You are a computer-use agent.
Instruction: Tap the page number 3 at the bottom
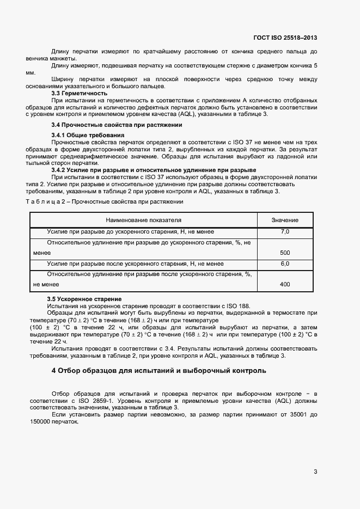pyautogui.click(x=315, y=471)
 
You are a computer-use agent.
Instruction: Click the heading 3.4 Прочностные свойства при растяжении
pyautogui.click(x=109, y=125)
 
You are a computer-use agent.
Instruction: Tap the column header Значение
pyautogui.click(x=285, y=220)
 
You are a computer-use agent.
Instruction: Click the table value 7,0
pyautogui.click(x=285, y=232)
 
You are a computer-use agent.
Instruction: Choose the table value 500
pyautogui.click(x=285, y=253)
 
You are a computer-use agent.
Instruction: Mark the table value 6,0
pyautogui.click(x=285, y=263)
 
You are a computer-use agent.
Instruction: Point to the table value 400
pyautogui.click(x=285, y=284)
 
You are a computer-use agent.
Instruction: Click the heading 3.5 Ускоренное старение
pyautogui.click(x=84, y=299)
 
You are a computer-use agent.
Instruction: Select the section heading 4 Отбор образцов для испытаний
pyautogui.click(x=158, y=371)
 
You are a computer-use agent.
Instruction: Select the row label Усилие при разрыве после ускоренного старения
pyautogui.click(x=135, y=263)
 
